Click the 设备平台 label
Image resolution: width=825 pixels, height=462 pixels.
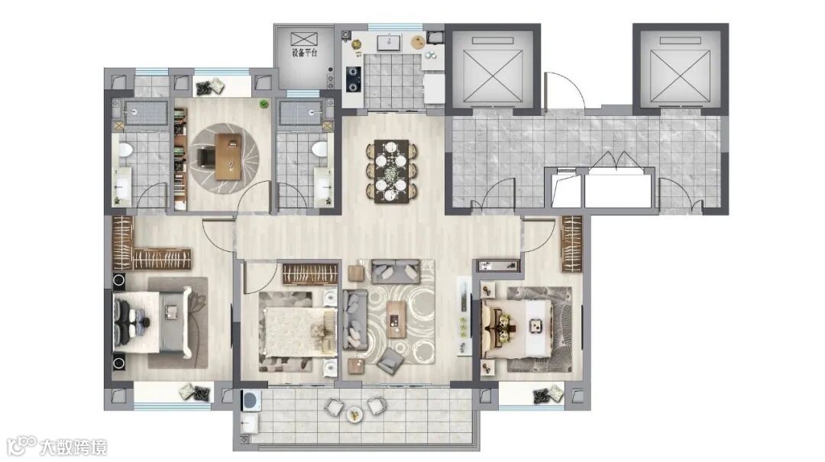(x=304, y=53)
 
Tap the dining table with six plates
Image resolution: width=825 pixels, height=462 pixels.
(x=391, y=171)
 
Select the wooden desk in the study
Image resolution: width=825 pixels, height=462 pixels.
(x=228, y=157)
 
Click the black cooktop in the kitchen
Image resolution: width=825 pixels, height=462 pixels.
(x=352, y=79)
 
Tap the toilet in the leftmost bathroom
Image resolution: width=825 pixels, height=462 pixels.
(x=125, y=150)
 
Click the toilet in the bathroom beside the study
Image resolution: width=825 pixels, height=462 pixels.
(x=319, y=149)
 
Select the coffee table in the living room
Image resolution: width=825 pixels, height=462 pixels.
(x=396, y=319)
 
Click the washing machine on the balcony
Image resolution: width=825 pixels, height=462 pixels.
(x=251, y=399)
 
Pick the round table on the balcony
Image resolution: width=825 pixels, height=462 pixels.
(x=355, y=415)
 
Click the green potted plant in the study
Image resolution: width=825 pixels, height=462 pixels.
(x=263, y=105)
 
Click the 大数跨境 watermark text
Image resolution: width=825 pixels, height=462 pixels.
(x=73, y=447)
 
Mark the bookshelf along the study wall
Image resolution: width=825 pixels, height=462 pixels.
(x=180, y=159)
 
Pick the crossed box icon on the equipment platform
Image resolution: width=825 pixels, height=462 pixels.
(x=304, y=38)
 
